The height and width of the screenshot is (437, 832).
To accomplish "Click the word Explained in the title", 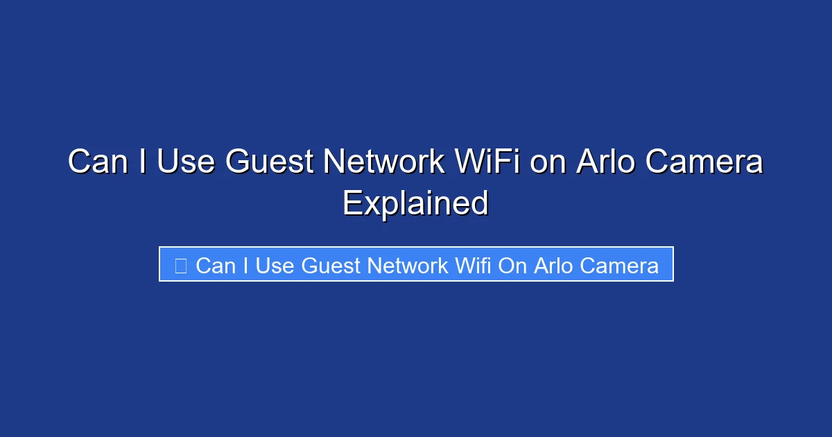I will [x=415, y=203].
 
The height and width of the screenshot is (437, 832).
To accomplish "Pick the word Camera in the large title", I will [x=706, y=162].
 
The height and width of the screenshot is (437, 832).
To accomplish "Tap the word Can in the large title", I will [x=97, y=162].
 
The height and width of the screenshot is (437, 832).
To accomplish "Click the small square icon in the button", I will [x=180, y=265].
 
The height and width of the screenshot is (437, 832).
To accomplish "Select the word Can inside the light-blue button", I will [x=216, y=265].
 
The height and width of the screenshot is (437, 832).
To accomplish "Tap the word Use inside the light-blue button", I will [x=275, y=265].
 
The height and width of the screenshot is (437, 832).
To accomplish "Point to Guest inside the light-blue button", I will [x=332, y=265].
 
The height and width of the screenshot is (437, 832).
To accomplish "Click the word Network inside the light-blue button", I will [x=409, y=265].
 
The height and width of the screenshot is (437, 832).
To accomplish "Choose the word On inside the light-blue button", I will [x=513, y=265].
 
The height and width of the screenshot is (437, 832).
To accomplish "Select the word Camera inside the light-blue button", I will [x=620, y=265].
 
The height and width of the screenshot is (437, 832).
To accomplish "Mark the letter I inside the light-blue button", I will [x=245, y=265].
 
